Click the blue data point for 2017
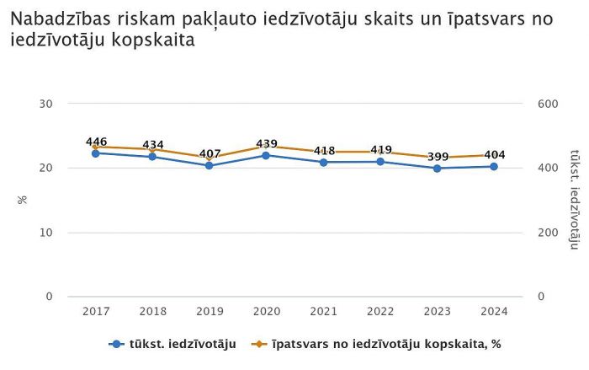pyautogui.click(x=96, y=153)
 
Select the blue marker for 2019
pyautogui.click(x=210, y=166)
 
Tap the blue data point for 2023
pyautogui.click(x=437, y=169)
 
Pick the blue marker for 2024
pyautogui.click(x=494, y=167)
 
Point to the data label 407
pyautogui.click(x=210, y=154)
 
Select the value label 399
pyautogui.click(x=437, y=157)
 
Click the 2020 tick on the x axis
pyautogui.click(x=267, y=312)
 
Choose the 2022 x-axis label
pyautogui.click(x=380, y=312)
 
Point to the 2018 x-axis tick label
pyautogui.click(x=153, y=312)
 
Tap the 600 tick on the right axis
pyautogui.click(x=549, y=104)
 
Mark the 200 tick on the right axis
pyautogui.click(x=549, y=233)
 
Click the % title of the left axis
pyautogui.click(x=23, y=201)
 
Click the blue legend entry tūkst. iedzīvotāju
pyautogui.click(x=173, y=344)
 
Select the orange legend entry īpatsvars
pyautogui.click(x=378, y=344)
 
